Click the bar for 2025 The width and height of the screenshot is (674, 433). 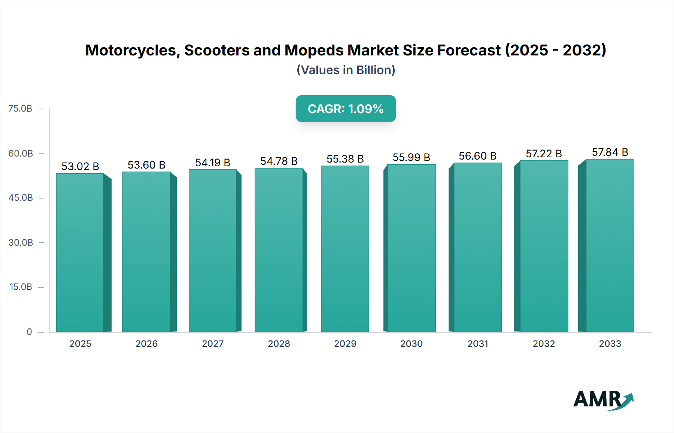(80, 253)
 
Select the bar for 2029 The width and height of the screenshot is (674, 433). (345, 249)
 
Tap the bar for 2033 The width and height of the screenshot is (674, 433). (610, 246)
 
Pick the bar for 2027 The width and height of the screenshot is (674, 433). (212, 251)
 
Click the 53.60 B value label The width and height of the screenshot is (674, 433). (146, 165)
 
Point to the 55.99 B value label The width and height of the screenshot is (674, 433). (411, 157)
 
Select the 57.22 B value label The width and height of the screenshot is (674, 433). (544, 154)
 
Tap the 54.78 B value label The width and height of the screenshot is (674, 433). (279, 161)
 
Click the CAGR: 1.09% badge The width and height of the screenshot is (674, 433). (346, 109)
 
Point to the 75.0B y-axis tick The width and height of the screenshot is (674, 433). (21, 109)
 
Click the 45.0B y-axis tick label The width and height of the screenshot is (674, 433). (21, 198)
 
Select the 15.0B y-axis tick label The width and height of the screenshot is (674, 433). (21, 287)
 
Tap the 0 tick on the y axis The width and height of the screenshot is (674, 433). (29, 332)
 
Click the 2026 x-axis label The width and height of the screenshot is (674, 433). (146, 343)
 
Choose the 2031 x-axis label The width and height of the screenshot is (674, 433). (478, 343)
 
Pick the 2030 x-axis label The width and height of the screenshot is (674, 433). (411, 343)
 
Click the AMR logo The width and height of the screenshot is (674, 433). (603, 400)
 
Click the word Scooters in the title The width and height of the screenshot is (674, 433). (217, 50)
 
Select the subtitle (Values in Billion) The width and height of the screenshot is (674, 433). (346, 70)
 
